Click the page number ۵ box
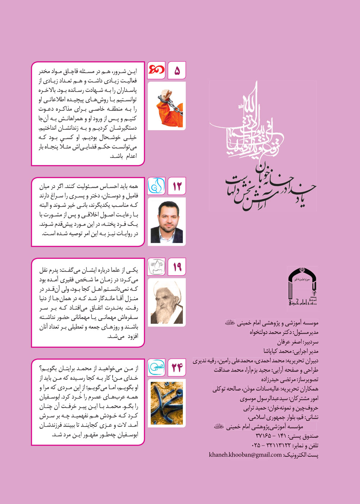coord(177,71)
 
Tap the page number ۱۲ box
coord(177,186)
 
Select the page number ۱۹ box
coord(177,267)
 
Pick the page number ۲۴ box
coord(177,368)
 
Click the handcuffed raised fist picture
coord(167,106)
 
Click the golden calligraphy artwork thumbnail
coord(167,402)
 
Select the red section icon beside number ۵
coord(157,71)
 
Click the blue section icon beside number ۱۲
coord(157,186)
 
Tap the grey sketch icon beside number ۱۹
coord(157,267)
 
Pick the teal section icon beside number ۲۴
coord(157,368)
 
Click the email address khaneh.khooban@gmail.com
coord(245,455)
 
